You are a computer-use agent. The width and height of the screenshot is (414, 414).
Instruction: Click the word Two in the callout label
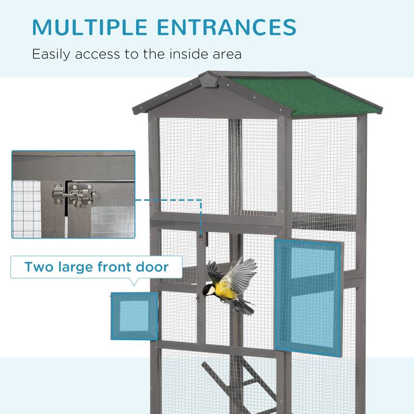[39, 267]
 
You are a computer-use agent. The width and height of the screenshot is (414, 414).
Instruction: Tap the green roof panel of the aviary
[305, 96]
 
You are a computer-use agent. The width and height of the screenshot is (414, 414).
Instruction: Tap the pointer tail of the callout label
[134, 282]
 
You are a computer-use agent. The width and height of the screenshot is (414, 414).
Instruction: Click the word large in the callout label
[79, 268]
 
